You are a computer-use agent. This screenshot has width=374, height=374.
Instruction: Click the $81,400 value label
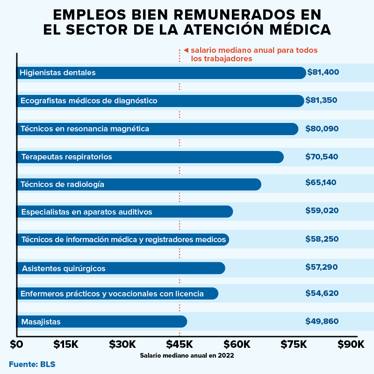pyautogui.click(x=323, y=72)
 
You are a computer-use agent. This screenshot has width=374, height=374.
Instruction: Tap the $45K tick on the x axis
pyautogui.click(x=180, y=345)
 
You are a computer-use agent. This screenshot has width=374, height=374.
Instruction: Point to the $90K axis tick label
pyautogui.click(x=351, y=345)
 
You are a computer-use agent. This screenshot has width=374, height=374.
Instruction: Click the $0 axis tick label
pyautogui.click(x=16, y=345)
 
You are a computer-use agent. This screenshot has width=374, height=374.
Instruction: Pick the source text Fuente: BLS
pyautogui.click(x=32, y=364)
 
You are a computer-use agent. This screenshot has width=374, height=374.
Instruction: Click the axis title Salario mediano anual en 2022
pyautogui.click(x=187, y=355)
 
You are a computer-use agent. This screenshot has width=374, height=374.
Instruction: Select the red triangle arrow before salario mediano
pyautogui.click(x=186, y=50)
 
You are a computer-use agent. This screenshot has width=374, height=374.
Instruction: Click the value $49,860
pyautogui.click(x=322, y=321)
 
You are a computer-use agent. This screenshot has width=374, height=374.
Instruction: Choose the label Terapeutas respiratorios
pyautogui.click(x=66, y=157)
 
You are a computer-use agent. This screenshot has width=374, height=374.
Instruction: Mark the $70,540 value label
pyautogui.click(x=322, y=157)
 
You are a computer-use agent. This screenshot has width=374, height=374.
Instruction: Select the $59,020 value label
pyautogui.click(x=322, y=211)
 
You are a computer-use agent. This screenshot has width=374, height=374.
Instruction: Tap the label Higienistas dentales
pyautogui.click(x=58, y=73)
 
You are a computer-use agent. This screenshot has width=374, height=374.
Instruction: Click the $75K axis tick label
pyautogui.click(x=293, y=345)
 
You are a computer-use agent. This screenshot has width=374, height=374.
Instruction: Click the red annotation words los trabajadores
pyautogui.click(x=222, y=59)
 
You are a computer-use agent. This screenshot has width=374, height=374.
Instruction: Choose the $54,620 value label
pyautogui.click(x=322, y=293)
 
